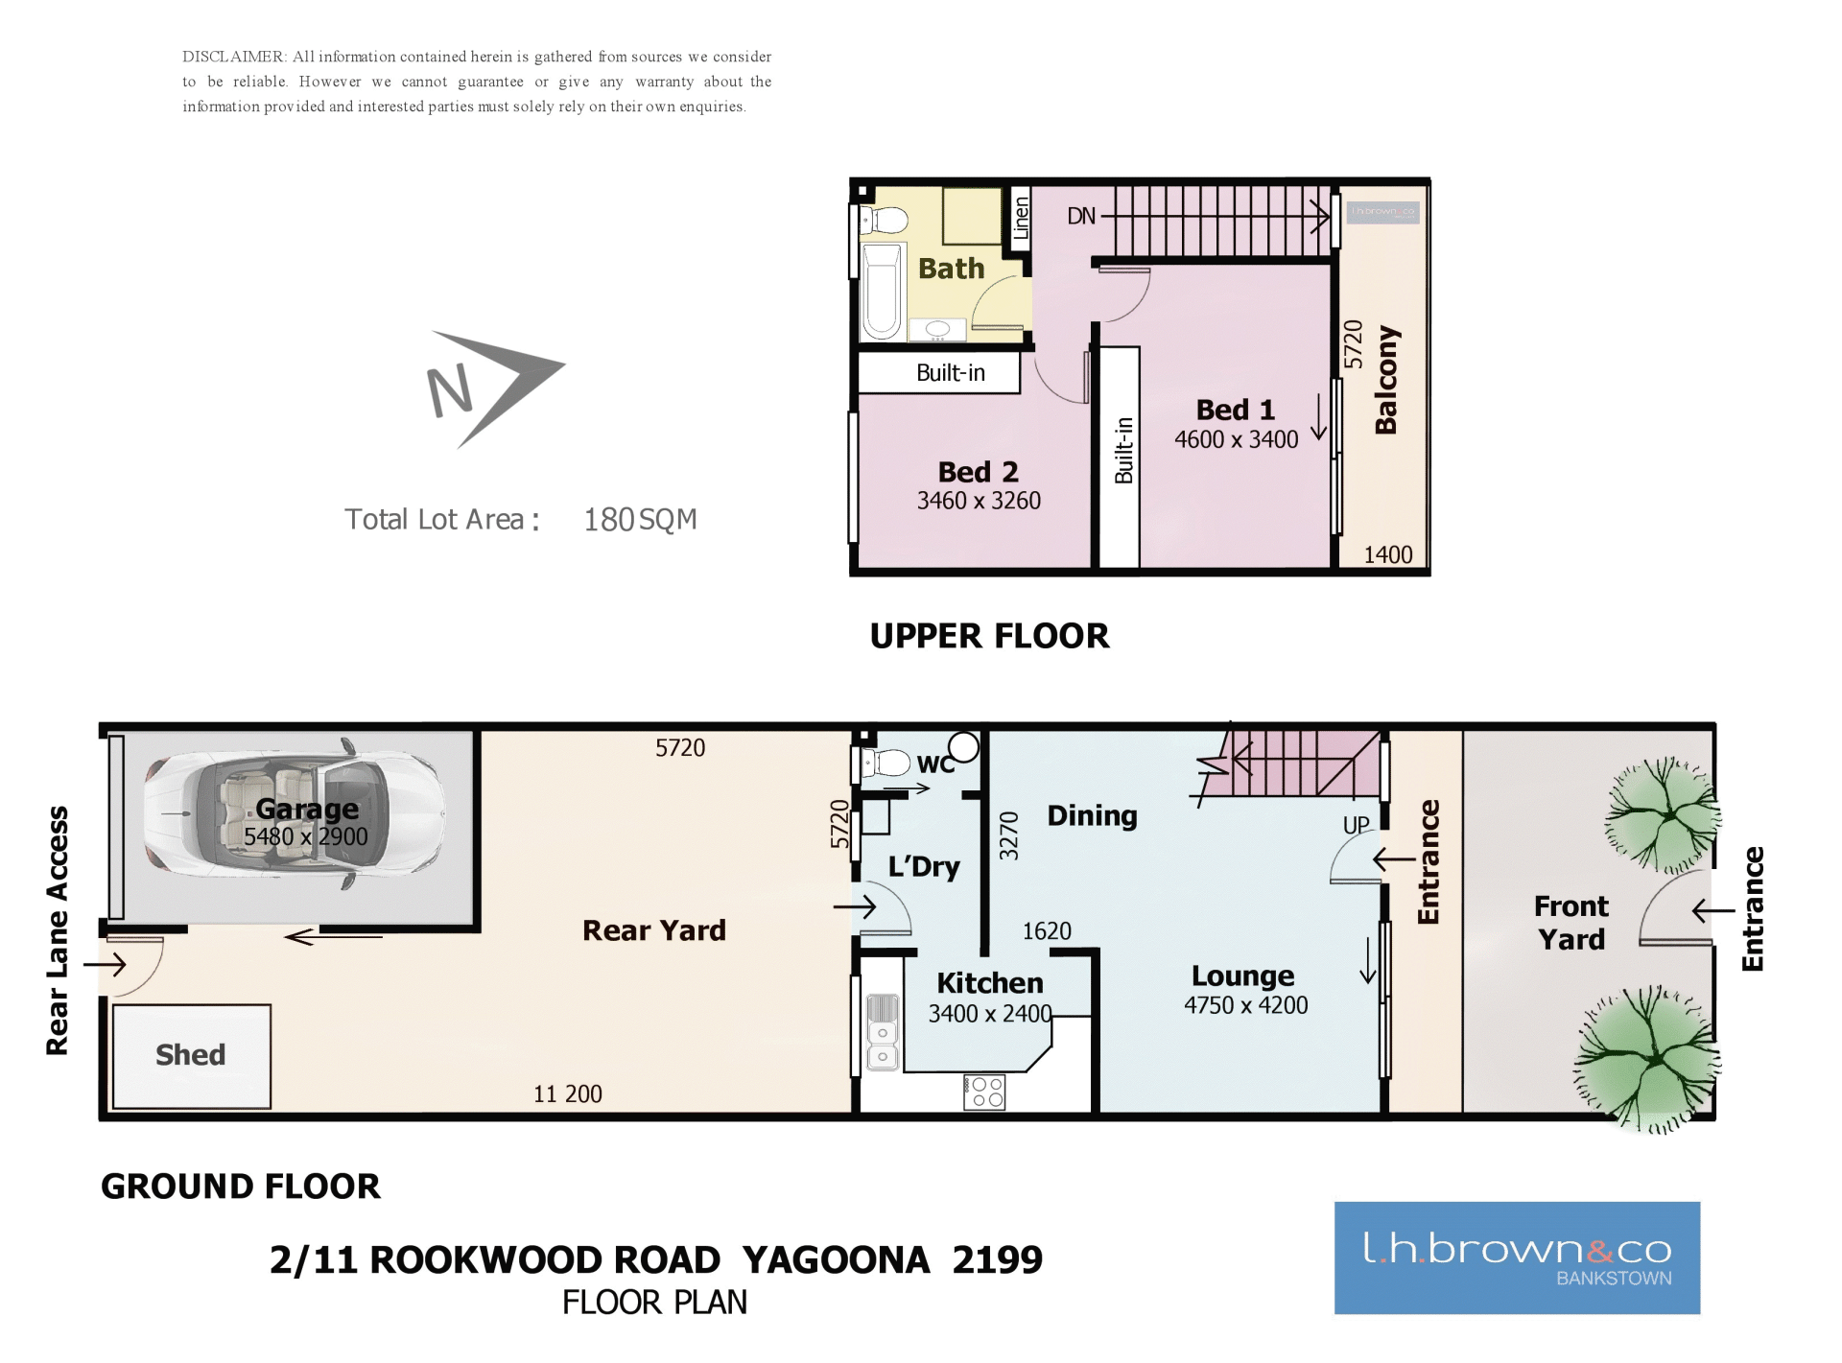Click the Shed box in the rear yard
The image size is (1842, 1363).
(192, 1056)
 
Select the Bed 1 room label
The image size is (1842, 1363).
(1236, 410)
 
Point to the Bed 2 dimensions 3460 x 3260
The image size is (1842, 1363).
(979, 501)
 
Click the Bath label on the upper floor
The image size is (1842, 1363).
(951, 269)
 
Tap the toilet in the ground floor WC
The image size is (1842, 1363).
(885, 764)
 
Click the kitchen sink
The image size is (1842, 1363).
(883, 1032)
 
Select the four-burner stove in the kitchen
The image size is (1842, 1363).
(984, 1092)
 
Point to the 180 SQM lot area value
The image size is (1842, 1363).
(640, 520)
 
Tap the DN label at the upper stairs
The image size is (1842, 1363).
(1081, 216)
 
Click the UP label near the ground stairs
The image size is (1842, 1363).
(1356, 826)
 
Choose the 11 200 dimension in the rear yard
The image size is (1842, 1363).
(568, 1094)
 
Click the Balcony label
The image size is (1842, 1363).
(1386, 380)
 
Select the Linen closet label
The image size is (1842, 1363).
(1021, 217)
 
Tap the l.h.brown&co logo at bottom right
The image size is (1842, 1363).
(1517, 1257)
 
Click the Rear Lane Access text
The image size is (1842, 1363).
(58, 930)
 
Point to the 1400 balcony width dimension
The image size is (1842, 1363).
(1388, 555)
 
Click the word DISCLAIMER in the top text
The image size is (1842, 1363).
(233, 57)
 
